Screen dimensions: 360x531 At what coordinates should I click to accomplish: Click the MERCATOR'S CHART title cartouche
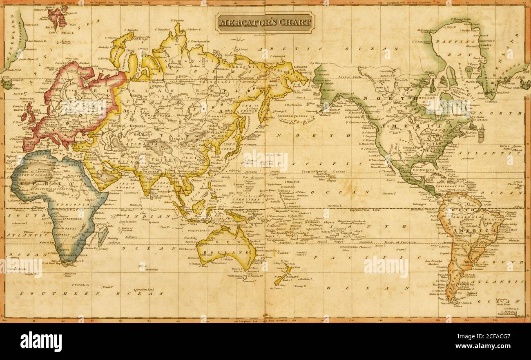tap(265, 22)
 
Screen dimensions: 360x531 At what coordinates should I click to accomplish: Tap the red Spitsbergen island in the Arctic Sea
tap(56, 16)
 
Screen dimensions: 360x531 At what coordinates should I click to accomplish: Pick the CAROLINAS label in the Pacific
tap(255, 197)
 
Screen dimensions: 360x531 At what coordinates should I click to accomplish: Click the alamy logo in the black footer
tap(41, 341)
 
